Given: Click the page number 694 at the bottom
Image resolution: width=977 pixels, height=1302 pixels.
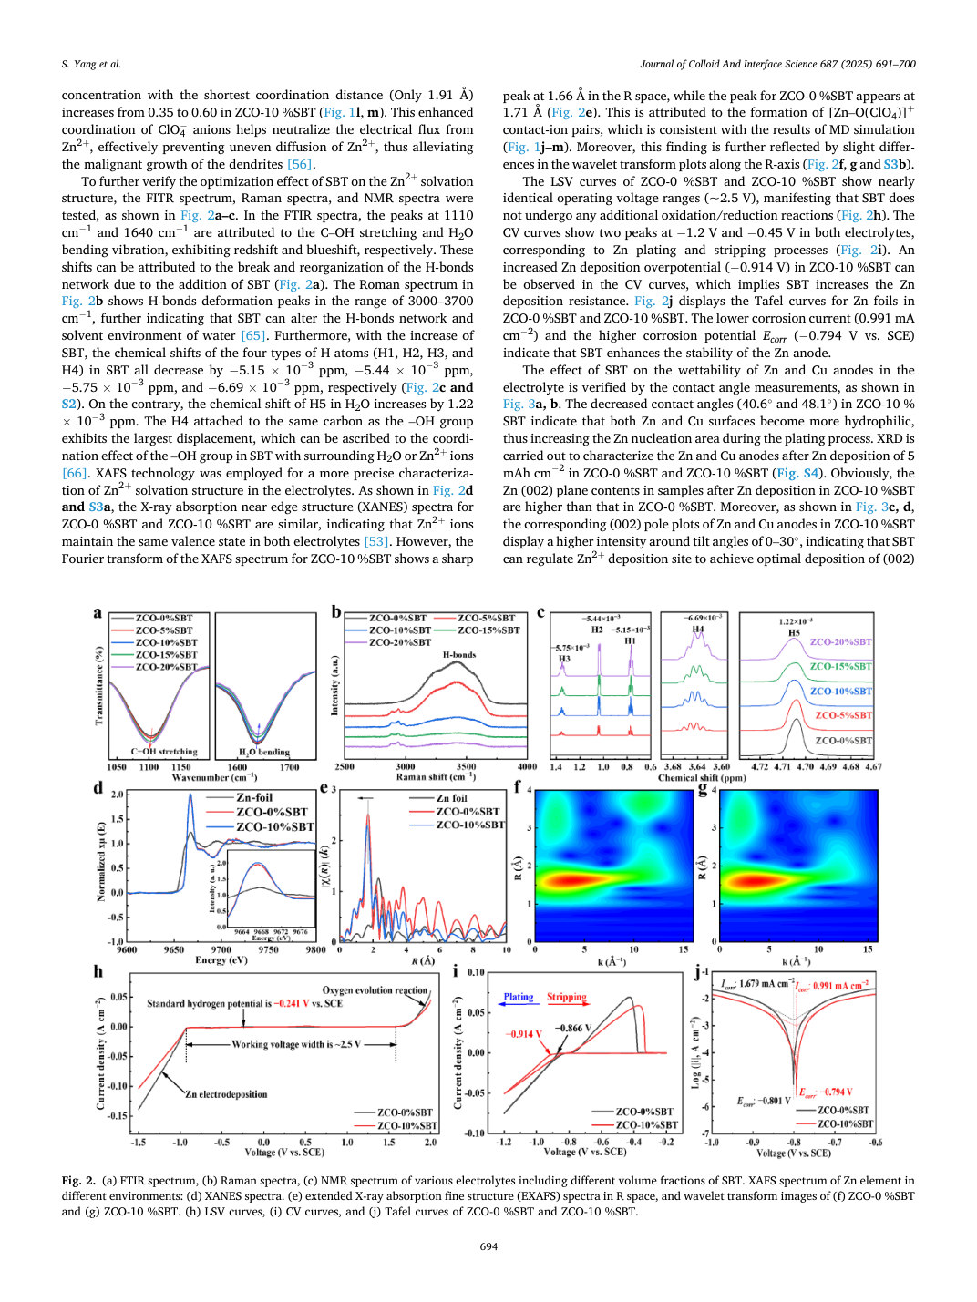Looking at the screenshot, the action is (x=488, y=1246).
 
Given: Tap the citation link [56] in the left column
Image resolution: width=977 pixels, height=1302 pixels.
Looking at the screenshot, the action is (x=300, y=164).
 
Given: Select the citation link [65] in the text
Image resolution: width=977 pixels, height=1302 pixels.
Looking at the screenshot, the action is (x=253, y=335).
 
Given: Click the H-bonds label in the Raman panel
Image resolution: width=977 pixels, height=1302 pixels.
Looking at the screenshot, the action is (x=459, y=654).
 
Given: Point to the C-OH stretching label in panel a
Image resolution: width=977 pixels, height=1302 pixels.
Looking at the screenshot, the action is (x=164, y=751).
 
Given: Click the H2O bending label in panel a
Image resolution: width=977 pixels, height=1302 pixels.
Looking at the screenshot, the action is (x=264, y=752).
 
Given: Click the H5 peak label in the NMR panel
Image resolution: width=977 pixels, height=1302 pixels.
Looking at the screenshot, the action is (x=794, y=633).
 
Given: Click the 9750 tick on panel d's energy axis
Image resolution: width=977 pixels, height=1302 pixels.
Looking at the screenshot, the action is (x=268, y=949).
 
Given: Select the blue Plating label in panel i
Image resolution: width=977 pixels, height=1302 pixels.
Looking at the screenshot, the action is (x=519, y=997).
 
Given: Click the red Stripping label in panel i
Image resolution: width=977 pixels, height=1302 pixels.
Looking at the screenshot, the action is (x=567, y=997).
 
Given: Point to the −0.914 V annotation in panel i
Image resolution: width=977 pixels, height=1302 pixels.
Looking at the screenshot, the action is (x=524, y=1034).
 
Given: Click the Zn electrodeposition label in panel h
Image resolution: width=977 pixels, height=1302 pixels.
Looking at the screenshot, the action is (x=226, y=1094).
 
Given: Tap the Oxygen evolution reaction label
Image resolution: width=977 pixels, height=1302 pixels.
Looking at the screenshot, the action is (x=375, y=990).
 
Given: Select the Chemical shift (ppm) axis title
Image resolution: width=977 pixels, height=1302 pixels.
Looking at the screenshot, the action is (x=702, y=777).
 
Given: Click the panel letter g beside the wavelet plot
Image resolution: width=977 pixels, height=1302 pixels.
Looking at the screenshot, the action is (x=704, y=790).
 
